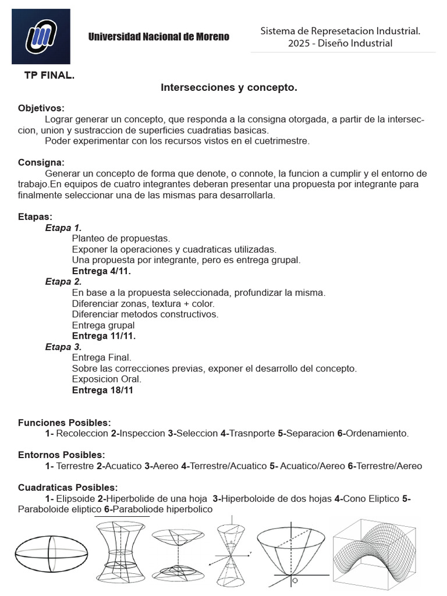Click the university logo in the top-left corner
point(41,36)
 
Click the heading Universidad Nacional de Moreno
point(158,37)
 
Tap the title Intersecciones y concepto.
point(229,88)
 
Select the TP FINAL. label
point(49,76)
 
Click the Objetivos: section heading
point(41,108)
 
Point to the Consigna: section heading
point(41,162)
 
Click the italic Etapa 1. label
point(63,228)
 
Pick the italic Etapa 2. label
point(63,282)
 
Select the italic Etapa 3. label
point(63,347)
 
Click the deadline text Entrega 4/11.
point(101,271)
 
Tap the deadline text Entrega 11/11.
point(104,336)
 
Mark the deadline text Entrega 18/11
point(102,390)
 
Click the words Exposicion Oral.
point(107,379)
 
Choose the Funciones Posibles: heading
point(64,423)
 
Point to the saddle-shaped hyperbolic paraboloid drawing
point(375,553)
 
